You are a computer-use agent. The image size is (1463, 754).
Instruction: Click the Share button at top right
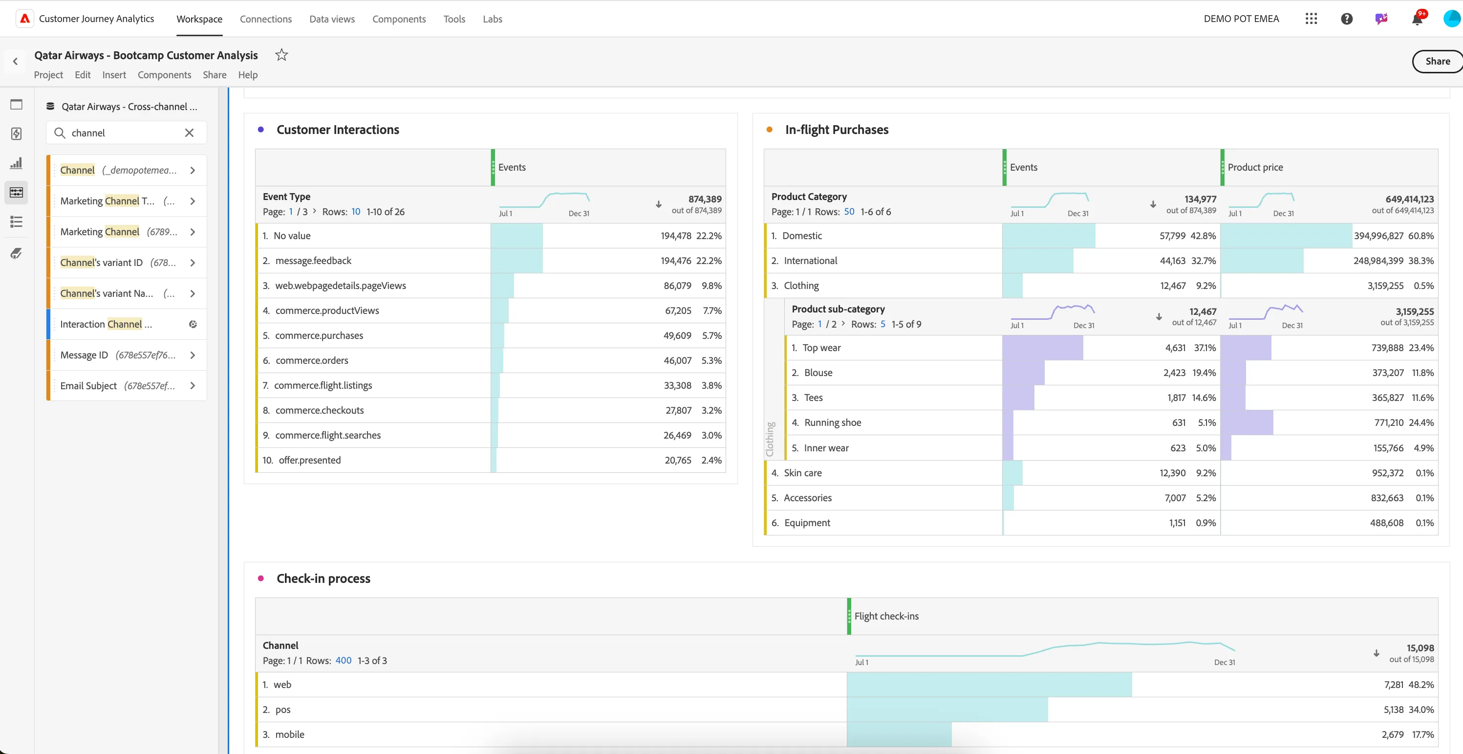[x=1438, y=61]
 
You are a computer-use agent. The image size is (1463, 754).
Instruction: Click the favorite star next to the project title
[x=281, y=55]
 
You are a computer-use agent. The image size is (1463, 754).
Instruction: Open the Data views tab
[x=332, y=19]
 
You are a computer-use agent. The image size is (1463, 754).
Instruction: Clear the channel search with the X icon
[x=189, y=133]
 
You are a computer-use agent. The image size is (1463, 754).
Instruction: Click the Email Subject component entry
[x=88, y=386]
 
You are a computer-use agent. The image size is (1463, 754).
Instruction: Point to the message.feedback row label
[x=314, y=261]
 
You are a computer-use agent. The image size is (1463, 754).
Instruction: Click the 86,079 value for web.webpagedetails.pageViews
[x=678, y=286]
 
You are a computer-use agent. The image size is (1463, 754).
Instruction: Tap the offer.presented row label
[x=309, y=460]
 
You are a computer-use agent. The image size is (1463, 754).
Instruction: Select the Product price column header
[x=1255, y=168]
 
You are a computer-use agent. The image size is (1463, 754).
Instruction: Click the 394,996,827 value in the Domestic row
[x=1378, y=236]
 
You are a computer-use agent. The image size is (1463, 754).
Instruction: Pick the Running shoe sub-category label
[x=833, y=423]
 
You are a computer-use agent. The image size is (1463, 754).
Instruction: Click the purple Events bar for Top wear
[x=1043, y=348]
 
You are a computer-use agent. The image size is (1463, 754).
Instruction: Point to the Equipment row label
[x=807, y=523]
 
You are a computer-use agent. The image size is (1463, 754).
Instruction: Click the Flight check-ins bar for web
[x=990, y=685]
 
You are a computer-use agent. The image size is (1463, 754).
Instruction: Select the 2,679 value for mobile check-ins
[x=1393, y=734]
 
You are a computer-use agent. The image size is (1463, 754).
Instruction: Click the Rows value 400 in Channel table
[x=344, y=660]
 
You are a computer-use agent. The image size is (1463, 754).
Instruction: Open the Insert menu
[x=114, y=75]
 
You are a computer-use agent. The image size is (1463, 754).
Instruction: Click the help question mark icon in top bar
[x=1347, y=19]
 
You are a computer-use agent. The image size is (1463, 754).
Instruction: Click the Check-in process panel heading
[x=323, y=578]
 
